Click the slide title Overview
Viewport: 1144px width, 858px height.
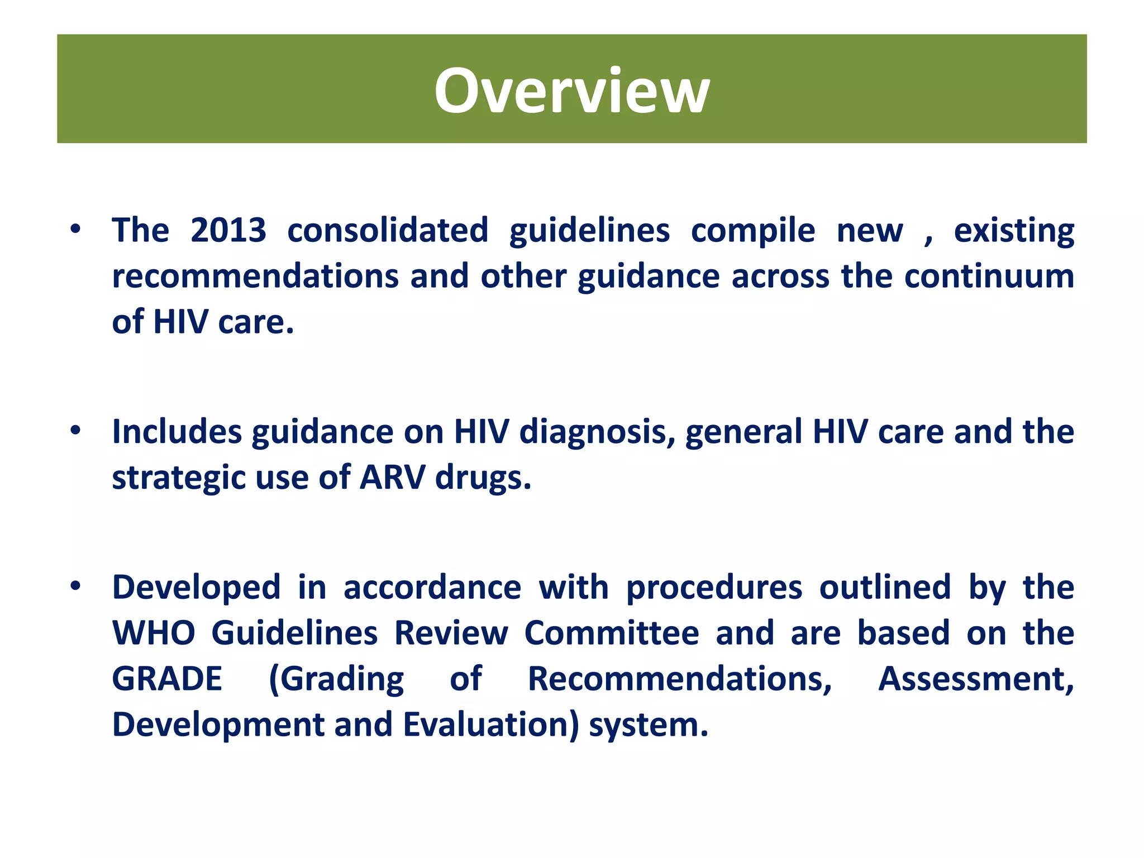click(571, 91)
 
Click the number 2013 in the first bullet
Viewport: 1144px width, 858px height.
click(228, 230)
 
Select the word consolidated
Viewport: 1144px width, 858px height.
click(388, 230)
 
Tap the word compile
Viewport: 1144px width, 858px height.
click(752, 231)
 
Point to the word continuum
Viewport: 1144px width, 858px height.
click(989, 277)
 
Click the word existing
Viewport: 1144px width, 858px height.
click(1013, 231)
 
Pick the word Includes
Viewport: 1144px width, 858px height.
click(177, 432)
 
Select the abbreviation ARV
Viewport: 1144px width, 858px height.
click(392, 478)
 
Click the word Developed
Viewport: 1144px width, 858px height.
click(196, 588)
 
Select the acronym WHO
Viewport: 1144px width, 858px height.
click(153, 633)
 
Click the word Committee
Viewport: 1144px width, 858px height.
click(611, 633)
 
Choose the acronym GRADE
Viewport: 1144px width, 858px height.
click(167, 679)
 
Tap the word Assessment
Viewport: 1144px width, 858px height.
click(975, 679)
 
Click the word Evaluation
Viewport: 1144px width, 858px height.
click(491, 725)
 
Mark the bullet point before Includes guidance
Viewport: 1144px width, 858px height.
click(75, 430)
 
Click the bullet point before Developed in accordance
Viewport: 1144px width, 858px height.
click(75, 586)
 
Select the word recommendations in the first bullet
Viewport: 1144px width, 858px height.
click(255, 277)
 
